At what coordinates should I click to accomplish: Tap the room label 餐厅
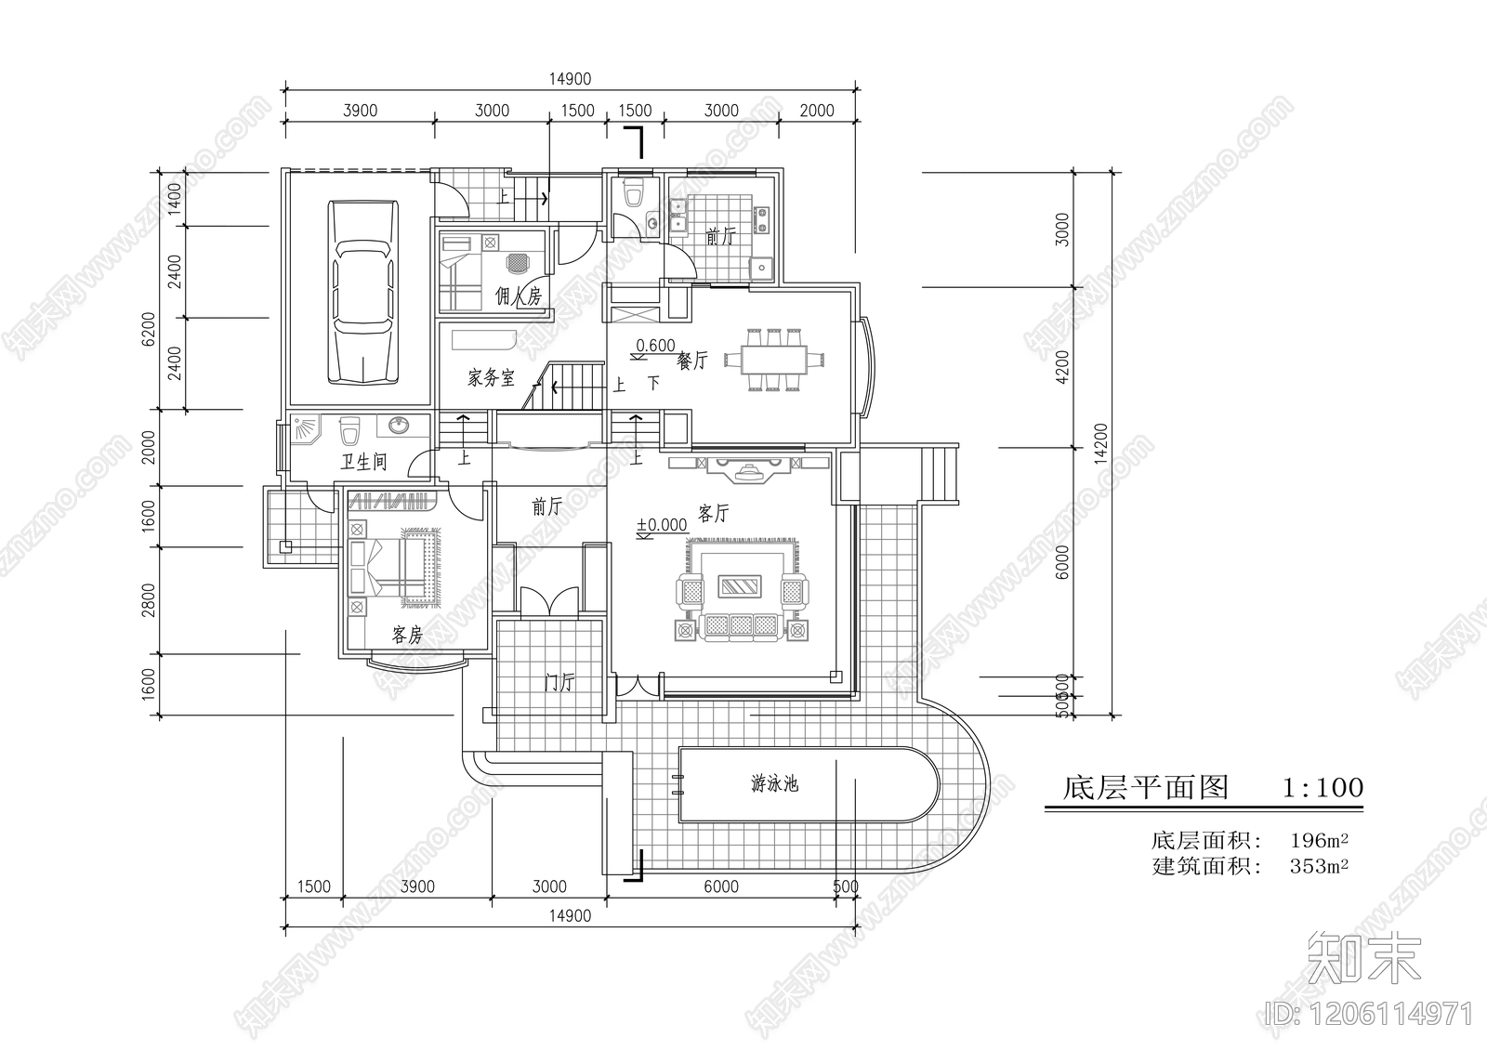[692, 361]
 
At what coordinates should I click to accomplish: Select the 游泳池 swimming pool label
[774, 784]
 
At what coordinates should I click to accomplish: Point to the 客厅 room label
[713, 513]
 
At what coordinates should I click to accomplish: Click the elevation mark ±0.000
[662, 526]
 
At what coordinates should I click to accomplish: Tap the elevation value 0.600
[656, 346]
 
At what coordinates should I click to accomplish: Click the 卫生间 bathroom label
[362, 462]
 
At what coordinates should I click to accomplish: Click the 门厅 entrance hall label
[559, 683]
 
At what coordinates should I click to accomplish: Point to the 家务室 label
[490, 378]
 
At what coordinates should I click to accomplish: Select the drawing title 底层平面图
[1146, 788]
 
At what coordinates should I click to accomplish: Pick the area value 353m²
[1319, 867]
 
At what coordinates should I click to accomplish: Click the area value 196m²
[1319, 842]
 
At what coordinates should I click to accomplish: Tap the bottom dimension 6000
[721, 886]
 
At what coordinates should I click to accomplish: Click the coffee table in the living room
[741, 586]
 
